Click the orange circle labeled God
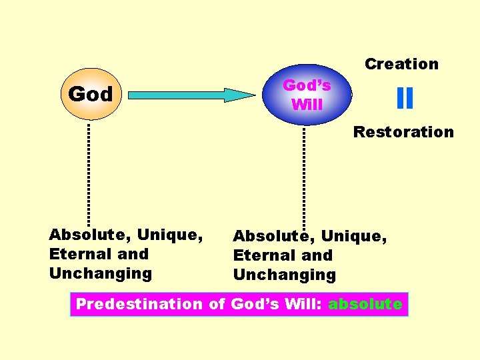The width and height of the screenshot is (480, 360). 90,94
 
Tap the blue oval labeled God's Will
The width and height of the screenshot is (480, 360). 307,95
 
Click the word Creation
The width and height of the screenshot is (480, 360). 401,64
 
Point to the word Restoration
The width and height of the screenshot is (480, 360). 403,132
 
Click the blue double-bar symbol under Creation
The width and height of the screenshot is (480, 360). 404,99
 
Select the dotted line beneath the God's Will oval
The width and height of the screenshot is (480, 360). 304,177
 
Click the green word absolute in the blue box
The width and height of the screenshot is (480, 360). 365,305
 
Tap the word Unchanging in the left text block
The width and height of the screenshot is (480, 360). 101,273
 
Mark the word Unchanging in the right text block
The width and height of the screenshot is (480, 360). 285,275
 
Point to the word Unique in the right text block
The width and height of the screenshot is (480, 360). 354,236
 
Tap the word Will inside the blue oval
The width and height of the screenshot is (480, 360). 307,105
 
